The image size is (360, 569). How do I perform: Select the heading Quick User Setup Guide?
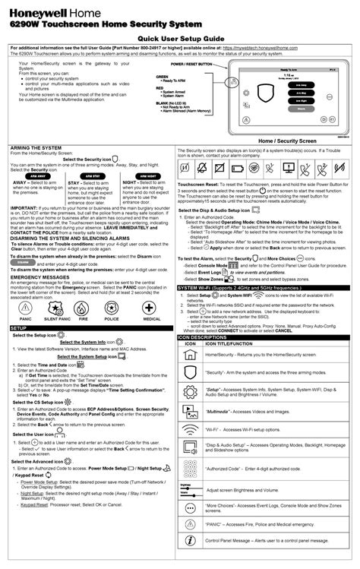(179, 37)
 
